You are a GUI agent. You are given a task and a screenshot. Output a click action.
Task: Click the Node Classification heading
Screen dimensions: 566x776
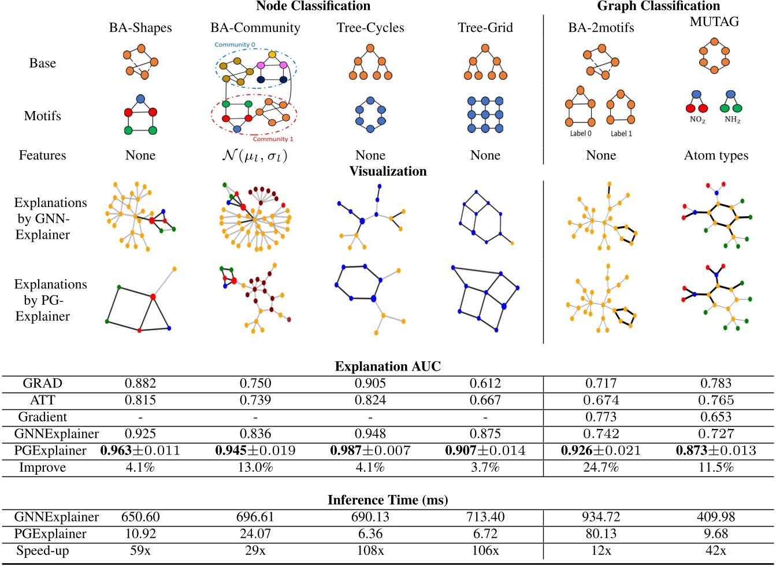click(313, 6)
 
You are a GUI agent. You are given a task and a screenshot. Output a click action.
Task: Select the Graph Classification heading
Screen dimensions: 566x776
click(658, 6)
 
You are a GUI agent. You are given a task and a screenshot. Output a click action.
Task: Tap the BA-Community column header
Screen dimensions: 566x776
click(255, 28)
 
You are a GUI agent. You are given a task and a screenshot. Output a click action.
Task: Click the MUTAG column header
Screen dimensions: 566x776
click(714, 22)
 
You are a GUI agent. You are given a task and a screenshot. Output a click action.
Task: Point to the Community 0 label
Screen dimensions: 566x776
click(235, 45)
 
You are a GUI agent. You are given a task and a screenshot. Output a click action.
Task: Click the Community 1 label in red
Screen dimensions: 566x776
click(273, 139)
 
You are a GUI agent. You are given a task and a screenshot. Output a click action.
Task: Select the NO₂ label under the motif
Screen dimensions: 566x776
click(697, 120)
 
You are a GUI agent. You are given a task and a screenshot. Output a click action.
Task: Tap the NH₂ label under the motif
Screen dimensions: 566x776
click(732, 120)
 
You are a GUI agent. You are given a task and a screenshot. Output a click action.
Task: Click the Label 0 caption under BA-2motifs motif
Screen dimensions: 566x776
click(581, 134)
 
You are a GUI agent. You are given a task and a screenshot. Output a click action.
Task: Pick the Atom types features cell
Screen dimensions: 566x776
click(716, 156)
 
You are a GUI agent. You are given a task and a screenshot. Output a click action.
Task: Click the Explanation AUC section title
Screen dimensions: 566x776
click(388, 367)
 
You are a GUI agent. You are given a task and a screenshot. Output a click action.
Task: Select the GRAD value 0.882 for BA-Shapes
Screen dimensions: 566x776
click(140, 383)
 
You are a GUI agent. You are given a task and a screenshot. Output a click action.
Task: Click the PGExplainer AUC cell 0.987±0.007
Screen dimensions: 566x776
click(370, 450)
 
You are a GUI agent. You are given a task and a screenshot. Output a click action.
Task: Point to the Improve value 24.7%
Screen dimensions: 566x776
click(601, 467)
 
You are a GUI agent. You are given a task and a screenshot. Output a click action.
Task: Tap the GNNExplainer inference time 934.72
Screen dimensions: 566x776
click(601, 517)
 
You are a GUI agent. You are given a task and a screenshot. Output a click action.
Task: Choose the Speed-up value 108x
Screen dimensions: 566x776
click(370, 551)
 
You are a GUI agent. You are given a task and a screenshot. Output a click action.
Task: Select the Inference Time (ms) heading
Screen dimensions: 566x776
click(388, 500)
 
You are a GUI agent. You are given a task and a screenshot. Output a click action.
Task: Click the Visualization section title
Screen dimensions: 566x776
click(388, 171)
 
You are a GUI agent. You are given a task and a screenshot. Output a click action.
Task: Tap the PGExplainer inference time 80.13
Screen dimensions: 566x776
click(601, 534)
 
